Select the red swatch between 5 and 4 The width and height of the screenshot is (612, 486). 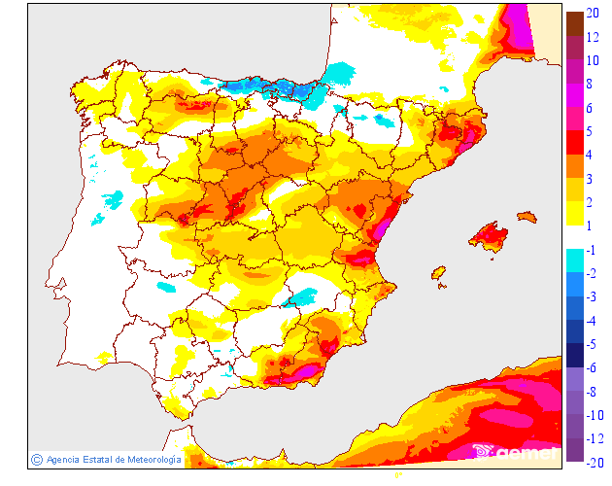tap(575, 142)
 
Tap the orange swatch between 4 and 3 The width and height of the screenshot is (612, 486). tap(575, 166)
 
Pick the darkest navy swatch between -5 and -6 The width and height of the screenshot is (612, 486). tap(575, 356)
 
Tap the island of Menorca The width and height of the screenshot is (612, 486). tap(527, 216)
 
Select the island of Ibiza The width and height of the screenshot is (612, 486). tap(438, 274)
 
